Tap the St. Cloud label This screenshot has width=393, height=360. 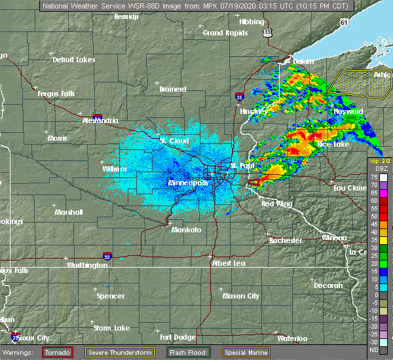175,141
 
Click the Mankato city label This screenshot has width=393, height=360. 186,230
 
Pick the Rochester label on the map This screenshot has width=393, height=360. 286,240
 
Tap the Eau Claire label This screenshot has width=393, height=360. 348,189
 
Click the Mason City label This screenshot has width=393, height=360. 242,296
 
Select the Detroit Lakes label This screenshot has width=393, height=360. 74,60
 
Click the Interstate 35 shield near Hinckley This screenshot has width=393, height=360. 240,97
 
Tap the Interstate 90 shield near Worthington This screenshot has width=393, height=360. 107,256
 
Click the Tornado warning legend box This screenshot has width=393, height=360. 58,353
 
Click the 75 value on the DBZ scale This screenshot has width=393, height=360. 373,177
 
